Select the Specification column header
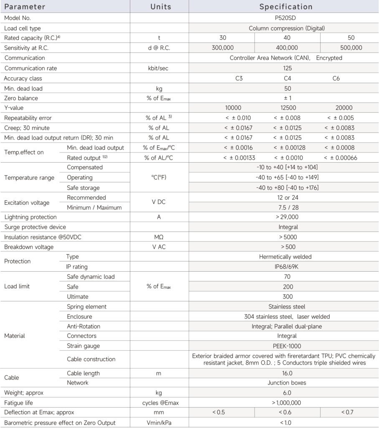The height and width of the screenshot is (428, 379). point(286,7)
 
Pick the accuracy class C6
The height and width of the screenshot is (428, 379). point(336,78)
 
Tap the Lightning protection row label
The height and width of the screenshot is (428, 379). point(30,217)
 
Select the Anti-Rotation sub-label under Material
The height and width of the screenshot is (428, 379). point(83,326)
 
